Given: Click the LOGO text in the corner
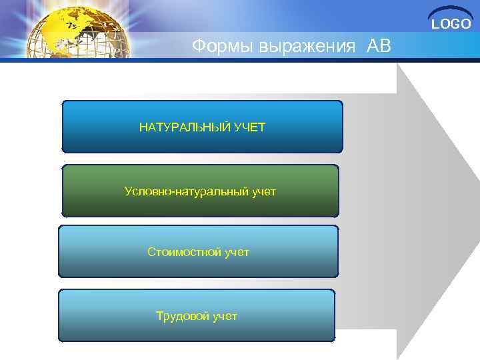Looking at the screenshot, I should tap(451, 25).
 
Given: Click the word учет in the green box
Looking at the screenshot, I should tap(264, 192).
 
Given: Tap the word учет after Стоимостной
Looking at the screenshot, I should tap(237, 252).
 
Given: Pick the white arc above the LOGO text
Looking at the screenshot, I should tap(451, 12).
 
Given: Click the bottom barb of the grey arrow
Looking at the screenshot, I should tap(399, 353).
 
